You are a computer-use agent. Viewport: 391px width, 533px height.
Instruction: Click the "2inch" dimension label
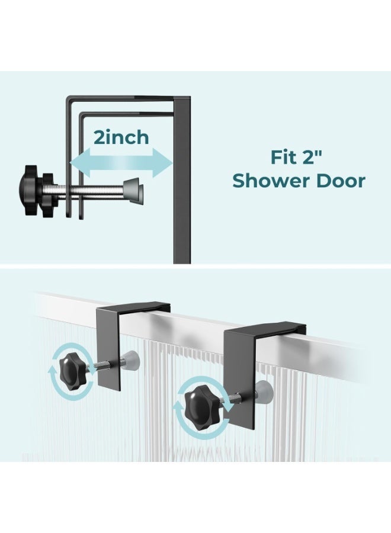121,137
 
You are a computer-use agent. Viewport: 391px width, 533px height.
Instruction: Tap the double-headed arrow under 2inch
121,163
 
